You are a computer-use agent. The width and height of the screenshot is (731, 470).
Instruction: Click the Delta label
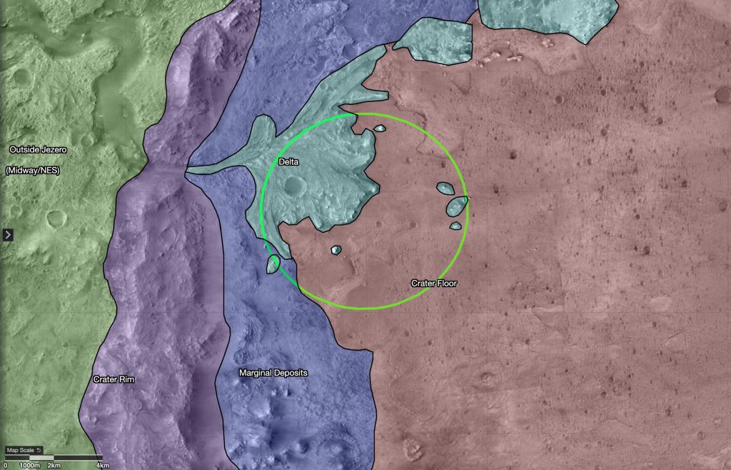point(288,162)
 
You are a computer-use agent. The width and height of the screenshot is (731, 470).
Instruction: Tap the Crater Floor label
point(433,284)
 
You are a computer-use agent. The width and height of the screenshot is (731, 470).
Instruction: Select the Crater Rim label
point(114,379)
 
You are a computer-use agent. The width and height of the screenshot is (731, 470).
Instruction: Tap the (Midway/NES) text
point(32,171)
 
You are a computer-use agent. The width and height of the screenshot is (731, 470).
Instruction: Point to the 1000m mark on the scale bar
point(29,465)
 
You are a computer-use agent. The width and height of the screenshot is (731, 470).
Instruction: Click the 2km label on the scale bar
point(54,465)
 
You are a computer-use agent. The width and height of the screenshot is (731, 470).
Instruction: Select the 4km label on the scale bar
point(103,465)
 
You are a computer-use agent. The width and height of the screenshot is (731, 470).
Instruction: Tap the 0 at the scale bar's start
point(5,465)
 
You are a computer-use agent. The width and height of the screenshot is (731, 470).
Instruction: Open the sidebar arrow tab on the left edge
point(7,235)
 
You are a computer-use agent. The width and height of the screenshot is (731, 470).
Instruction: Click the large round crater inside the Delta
point(293,187)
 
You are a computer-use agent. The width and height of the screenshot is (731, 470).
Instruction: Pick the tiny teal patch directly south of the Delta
point(336,250)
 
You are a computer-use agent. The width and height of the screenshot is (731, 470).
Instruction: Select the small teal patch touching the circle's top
point(380,129)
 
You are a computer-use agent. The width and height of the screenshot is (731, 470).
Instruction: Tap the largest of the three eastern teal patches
point(456,207)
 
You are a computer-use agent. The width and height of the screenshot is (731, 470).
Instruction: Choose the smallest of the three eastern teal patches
point(455,226)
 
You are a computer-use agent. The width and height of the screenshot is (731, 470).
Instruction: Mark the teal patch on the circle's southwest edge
point(272,264)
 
